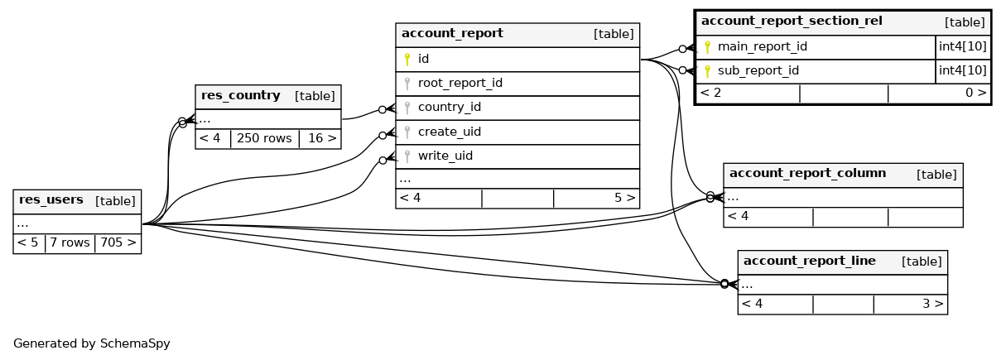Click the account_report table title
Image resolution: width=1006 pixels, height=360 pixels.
(452, 34)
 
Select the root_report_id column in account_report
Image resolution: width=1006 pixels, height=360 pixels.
(460, 84)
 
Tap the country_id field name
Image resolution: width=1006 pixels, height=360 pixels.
(449, 108)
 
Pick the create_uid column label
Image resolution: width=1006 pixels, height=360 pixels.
(449, 132)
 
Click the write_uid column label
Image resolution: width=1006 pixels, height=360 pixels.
(445, 156)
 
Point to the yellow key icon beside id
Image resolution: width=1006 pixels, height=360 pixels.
(407, 60)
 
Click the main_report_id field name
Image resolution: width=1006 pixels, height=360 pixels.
(762, 47)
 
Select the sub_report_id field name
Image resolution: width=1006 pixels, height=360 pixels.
(758, 71)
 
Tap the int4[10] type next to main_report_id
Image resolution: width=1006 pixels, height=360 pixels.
(962, 47)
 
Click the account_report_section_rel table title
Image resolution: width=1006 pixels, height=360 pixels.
(791, 22)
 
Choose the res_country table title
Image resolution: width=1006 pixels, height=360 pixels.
(240, 96)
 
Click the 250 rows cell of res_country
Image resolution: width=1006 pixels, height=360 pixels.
(264, 138)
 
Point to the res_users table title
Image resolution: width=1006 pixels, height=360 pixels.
(51, 200)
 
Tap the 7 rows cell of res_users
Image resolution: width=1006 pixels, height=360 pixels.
(70, 243)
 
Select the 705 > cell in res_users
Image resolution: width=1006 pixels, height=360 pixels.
(118, 243)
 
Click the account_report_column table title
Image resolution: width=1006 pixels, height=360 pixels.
(807, 174)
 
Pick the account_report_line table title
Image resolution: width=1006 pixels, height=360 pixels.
(809, 262)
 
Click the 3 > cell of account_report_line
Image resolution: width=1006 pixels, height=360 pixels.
(933, 304)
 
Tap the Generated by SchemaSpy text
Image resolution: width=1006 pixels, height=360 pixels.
(91, 343)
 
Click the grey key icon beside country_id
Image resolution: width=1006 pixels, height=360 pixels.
(407, 108)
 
